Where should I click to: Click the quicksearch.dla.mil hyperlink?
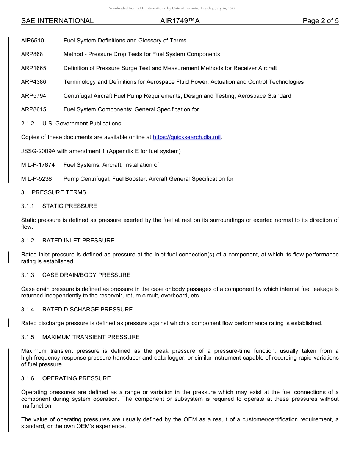coord(186,137)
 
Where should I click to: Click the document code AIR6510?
coord(33,41)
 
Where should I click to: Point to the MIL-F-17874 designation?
coord(38,165)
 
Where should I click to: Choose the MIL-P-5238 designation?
coord(36,179)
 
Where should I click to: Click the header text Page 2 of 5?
coord(321,21)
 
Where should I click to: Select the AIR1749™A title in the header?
coord(180,21)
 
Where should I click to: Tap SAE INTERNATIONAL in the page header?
coord(57,21)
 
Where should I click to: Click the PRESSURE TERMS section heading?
coord(59,192)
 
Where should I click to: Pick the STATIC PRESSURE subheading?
coord(70,206)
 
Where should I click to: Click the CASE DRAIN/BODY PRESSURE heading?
coord(86,275)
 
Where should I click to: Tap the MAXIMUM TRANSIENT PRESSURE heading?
coord(91,337)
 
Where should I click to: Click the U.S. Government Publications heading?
coord(81,124)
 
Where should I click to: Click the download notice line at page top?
coord(171,8)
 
